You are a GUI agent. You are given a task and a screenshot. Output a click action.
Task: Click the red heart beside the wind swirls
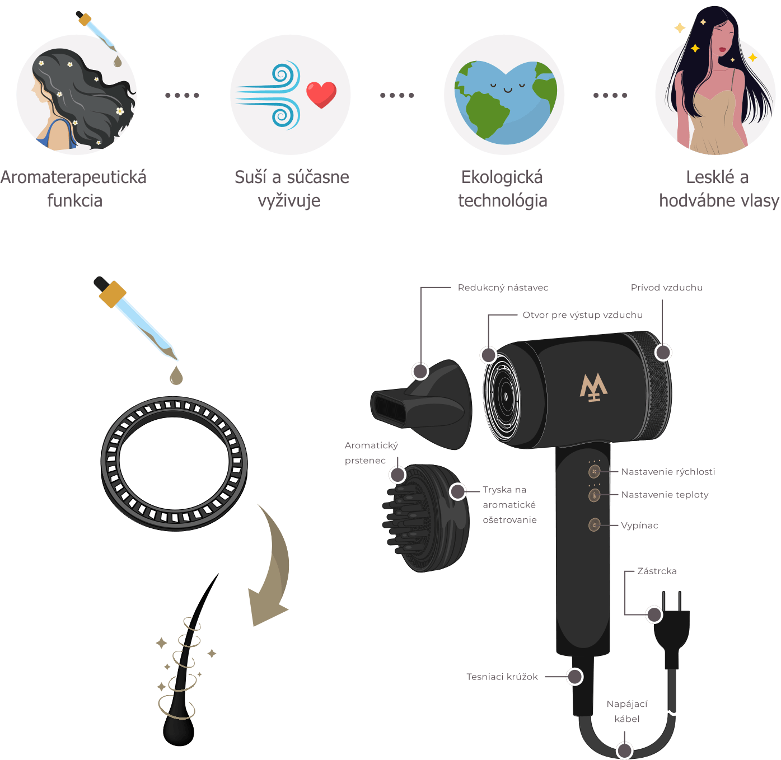[321, 95]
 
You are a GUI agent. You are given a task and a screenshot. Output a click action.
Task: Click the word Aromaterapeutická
[73, 177]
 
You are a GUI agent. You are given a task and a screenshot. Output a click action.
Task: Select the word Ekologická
[502, 177]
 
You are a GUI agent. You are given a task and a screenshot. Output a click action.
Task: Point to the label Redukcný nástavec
[503, 288]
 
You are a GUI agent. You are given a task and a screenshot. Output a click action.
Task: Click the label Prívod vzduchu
[667, 288]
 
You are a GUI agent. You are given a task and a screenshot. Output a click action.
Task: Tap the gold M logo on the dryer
[593, 387]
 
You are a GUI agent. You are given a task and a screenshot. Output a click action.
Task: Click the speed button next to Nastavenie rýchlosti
[595, 471]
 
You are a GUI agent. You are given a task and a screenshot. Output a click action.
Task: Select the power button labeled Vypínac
[595, 525]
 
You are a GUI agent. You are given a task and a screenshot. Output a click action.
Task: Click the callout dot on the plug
[654, 614]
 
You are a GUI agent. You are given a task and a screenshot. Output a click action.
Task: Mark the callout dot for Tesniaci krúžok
[575, 677]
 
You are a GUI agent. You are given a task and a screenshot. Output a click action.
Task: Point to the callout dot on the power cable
[624, 750]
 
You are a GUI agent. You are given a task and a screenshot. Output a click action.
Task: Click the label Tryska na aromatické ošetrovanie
[509, 505]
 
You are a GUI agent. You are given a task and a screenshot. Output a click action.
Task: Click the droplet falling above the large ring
[176, 375]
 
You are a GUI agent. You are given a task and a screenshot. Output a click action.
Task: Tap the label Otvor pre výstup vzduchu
[582, 316]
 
